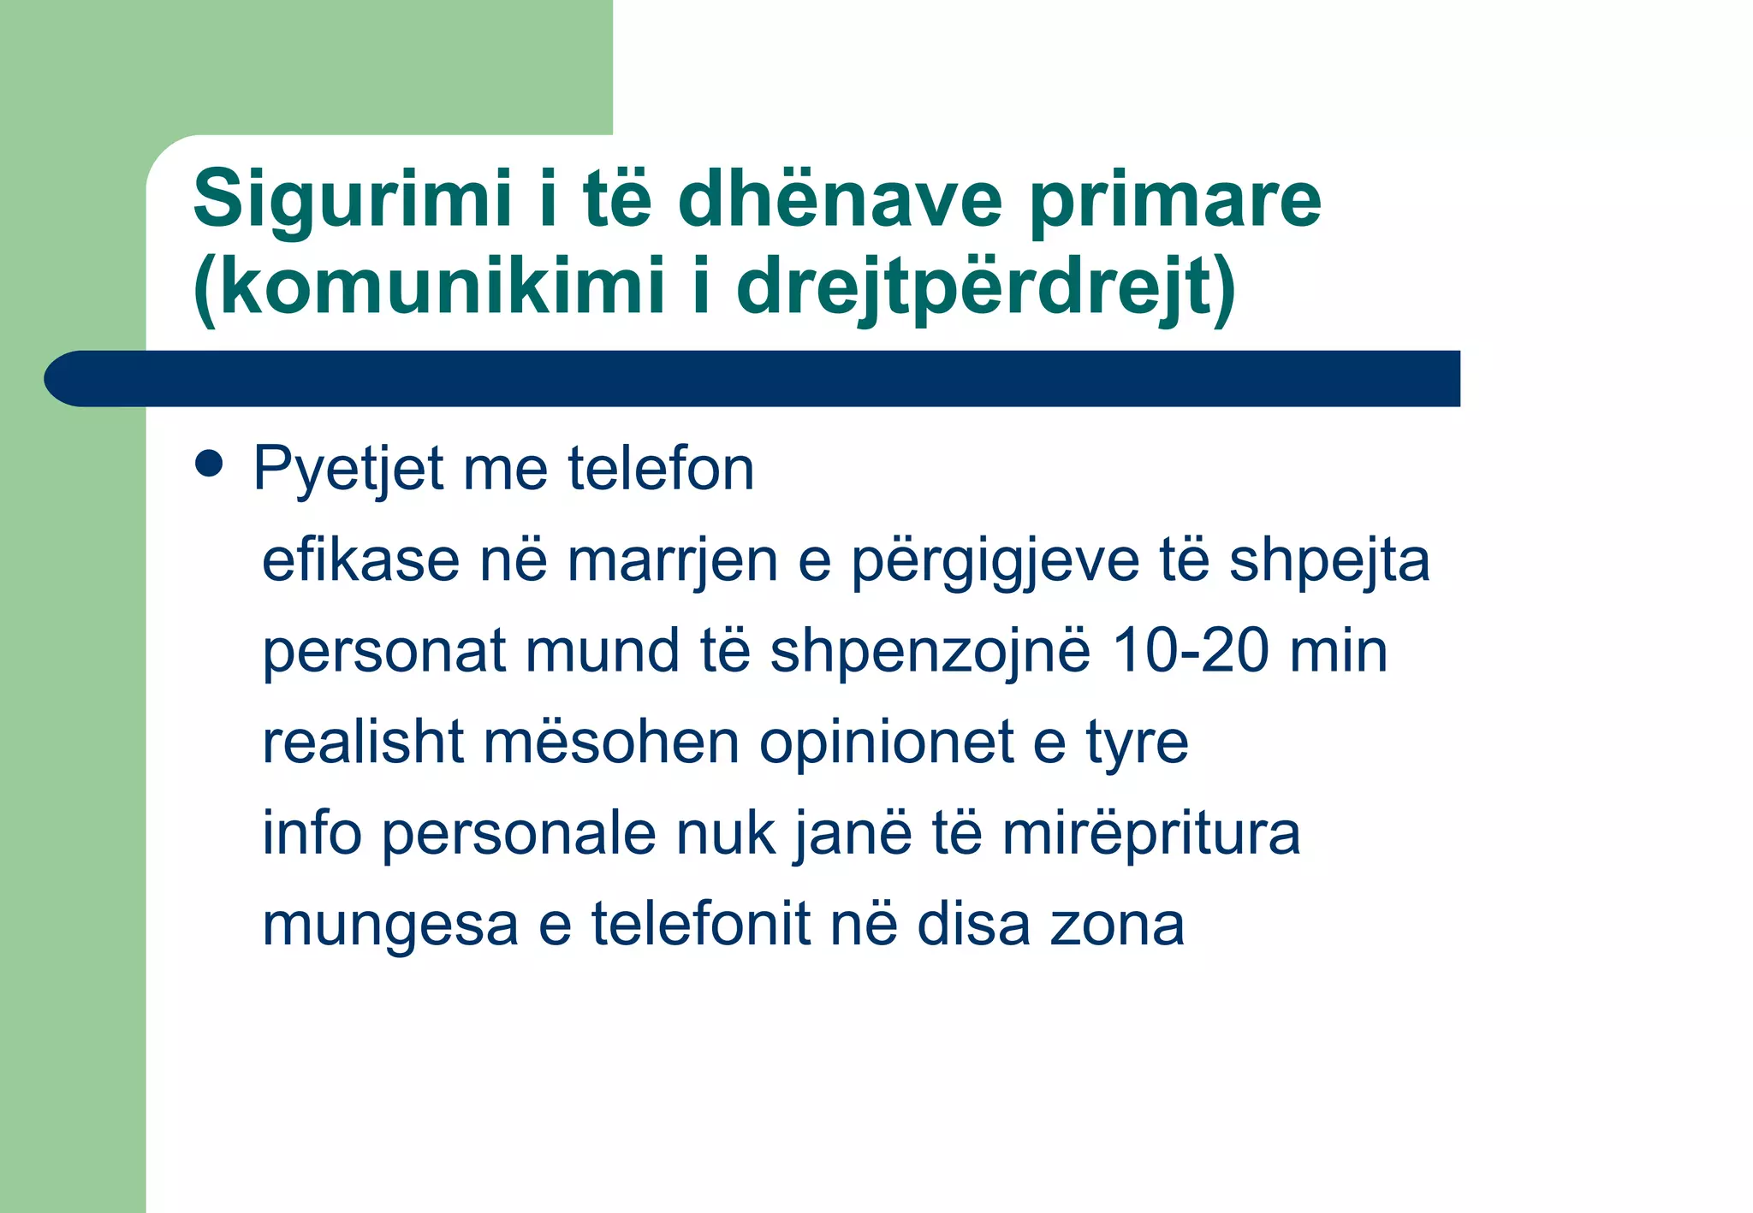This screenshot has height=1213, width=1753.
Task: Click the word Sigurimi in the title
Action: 353,200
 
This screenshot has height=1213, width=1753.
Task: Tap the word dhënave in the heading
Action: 840,200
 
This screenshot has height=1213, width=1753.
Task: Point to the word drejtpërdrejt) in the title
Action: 985,287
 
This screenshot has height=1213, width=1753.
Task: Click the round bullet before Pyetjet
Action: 209,464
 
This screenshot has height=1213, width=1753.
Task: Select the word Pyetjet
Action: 348,470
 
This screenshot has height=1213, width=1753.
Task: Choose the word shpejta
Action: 1329,562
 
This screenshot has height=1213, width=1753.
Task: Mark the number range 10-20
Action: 1190,651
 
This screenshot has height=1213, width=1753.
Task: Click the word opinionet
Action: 886,743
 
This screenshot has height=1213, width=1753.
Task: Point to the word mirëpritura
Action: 1150,834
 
